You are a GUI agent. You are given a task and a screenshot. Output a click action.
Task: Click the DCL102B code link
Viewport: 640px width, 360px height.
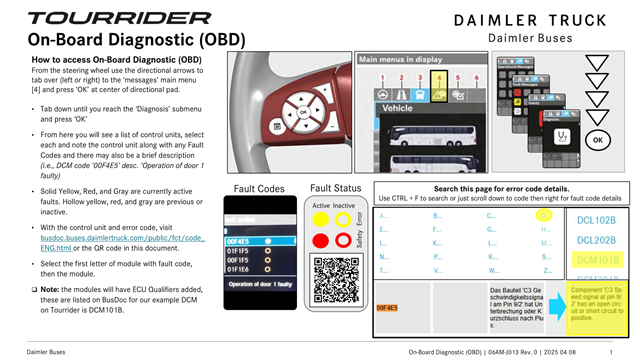click(x=596, y=220)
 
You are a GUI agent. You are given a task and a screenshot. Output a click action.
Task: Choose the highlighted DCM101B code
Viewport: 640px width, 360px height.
click(x=596, y=259)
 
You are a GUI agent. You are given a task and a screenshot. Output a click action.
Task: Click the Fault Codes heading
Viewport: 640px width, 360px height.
click(x=258, y=188)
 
